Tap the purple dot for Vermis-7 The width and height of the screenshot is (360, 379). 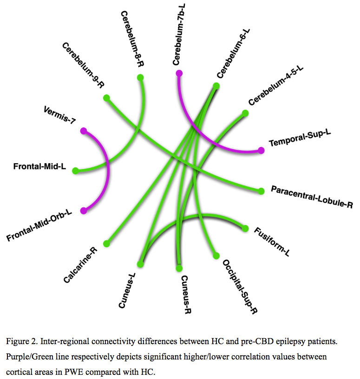tap(83, 131)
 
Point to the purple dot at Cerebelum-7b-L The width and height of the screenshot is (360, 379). tap(179, 73)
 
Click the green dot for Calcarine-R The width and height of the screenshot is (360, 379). tap(106, 243)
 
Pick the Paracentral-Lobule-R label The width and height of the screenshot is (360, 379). tap(312, 197)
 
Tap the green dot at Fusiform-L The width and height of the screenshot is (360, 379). tap(245, 228)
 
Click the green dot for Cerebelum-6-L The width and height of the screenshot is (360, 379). tap(216, 86)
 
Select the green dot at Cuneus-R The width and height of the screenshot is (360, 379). tap(179, 268)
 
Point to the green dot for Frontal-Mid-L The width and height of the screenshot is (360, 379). tap(76, 171)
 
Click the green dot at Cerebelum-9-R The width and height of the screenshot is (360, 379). tap(106, 98)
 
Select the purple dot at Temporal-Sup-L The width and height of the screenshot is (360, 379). tap(261, 150)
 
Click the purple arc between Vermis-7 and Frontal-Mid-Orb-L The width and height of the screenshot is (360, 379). tap(108, 169)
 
